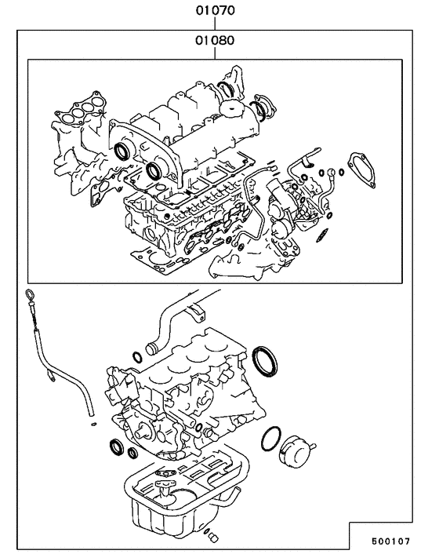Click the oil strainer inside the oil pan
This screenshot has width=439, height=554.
[166, 493]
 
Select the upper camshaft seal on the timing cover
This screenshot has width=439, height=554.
[124, 150]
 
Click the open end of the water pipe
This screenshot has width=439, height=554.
[151, 346]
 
